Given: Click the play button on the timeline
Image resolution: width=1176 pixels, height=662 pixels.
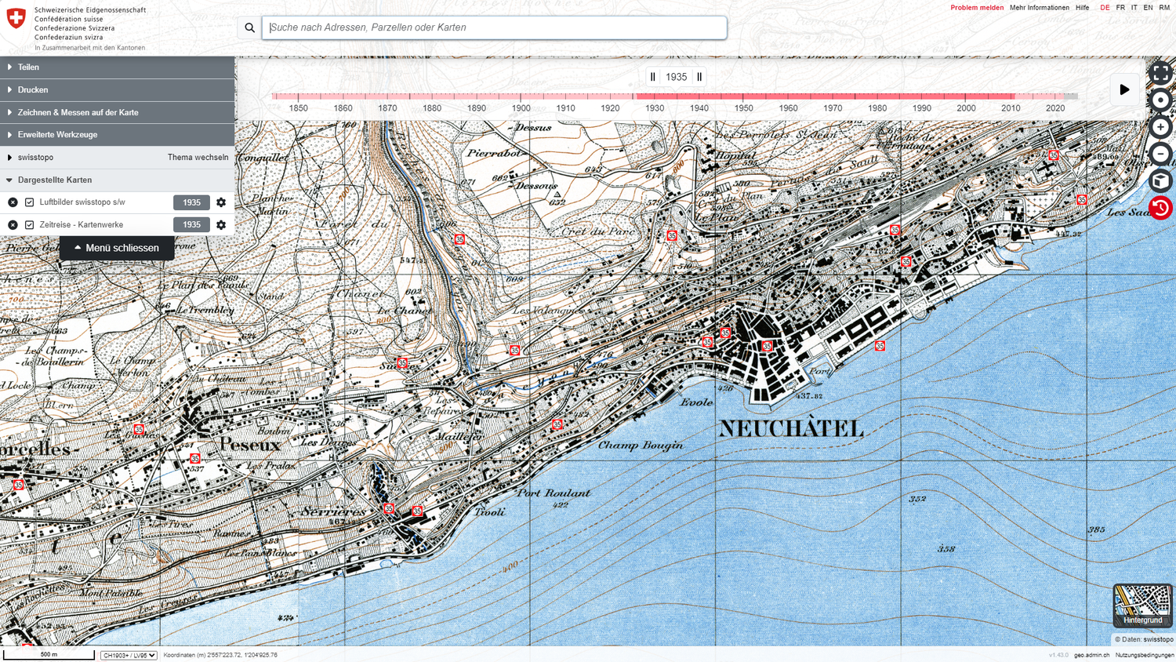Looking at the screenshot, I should (1123, 89).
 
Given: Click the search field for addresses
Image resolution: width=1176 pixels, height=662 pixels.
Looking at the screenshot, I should (494, 27).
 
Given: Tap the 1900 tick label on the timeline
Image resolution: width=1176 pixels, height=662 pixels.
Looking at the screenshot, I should (521, 108).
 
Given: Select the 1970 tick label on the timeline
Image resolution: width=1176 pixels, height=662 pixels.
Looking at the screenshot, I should (833, 108).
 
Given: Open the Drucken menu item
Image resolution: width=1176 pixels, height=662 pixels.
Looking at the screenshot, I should (33, 89).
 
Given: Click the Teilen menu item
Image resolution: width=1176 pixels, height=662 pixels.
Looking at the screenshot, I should (28, 67).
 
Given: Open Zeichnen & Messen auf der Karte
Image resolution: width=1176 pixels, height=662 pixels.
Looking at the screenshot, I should (78, 112).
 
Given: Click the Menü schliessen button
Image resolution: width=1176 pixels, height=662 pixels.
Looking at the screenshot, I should (117, 248).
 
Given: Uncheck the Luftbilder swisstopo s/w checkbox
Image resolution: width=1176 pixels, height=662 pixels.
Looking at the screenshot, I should (30, 202).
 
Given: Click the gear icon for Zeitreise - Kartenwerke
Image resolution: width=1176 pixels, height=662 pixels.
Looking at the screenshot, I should (221, 225).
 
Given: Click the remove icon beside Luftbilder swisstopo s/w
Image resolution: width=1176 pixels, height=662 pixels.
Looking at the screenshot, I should (13, 202).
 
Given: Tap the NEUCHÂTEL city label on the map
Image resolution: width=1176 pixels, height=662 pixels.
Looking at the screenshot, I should (791, 429).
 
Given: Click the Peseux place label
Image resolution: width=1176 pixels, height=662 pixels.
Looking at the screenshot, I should (250, 445).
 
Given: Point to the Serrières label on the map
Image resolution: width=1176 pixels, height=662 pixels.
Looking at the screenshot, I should (333, 511).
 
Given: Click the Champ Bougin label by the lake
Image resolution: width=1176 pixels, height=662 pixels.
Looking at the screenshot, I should (641, 446).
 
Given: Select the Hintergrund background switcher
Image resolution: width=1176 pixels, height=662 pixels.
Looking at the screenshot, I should (1142, 605).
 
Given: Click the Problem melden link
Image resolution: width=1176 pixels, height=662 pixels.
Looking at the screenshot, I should (976, 8).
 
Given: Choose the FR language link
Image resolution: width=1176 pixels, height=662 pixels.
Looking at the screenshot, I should (1120, 8).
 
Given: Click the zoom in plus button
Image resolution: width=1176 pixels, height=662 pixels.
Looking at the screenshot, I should (1160, 127).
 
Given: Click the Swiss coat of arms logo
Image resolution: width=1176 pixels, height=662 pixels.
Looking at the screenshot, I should (16, 18).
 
